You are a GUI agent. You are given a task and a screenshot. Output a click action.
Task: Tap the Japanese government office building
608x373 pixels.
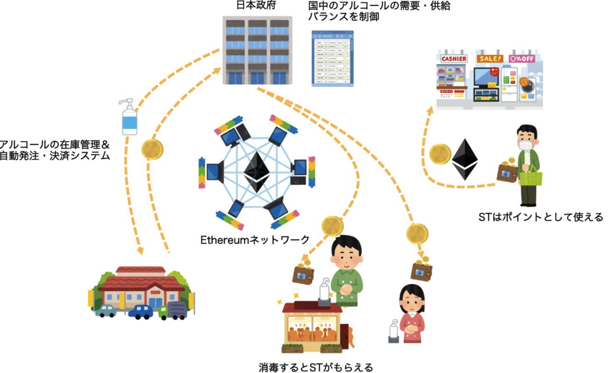click(x=257, y=51)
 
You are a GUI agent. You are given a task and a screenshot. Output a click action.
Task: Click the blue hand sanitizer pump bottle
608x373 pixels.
click(x=130, y=118)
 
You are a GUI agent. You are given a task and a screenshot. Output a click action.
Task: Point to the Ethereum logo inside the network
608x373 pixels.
click(x=255, y=172)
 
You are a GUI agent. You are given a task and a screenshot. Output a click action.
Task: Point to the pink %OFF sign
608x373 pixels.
click(x=525, y=58)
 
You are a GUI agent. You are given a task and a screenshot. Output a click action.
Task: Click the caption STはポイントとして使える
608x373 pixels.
click(x=540, y=217)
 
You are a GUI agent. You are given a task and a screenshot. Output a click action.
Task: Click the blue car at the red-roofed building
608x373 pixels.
click(x=140, y=311)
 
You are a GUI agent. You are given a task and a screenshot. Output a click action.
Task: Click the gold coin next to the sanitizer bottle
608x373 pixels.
click(x=151, y=150)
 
